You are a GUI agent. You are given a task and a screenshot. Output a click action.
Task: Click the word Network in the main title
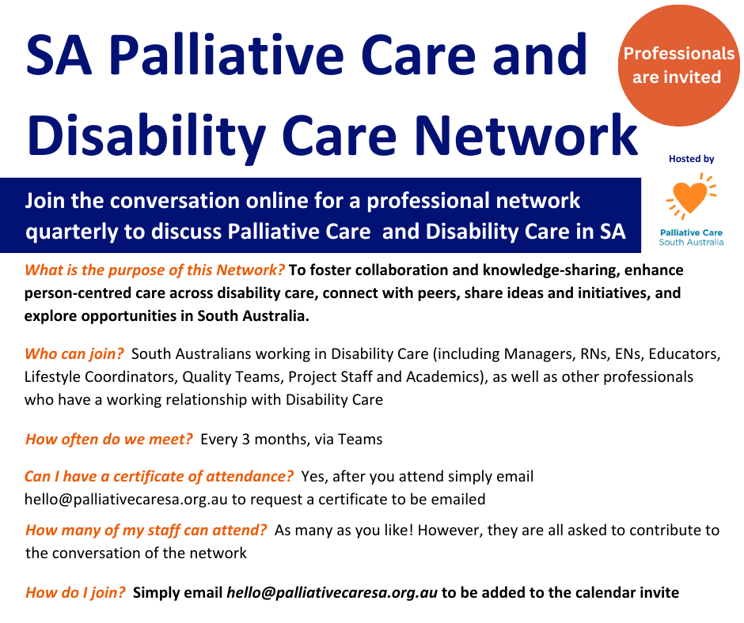526,136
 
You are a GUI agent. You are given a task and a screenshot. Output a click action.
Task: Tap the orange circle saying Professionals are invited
678,66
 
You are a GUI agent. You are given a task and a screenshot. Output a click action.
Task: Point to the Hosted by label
691,159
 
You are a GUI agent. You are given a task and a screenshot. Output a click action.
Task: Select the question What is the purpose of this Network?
154,270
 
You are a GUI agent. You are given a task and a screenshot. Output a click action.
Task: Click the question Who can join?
74,353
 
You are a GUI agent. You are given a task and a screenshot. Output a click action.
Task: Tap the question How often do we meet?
109,439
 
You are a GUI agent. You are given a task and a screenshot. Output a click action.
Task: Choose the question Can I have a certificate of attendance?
159,476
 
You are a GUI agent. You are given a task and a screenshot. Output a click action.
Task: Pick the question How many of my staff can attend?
146,530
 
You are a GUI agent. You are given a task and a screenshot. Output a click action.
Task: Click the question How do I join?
75,593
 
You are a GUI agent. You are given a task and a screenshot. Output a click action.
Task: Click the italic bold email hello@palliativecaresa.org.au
332,593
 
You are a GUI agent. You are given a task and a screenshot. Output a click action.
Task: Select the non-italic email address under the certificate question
126,499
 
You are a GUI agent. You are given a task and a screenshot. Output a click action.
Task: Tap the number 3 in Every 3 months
246,440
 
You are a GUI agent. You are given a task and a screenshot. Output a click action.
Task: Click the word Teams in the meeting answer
360,440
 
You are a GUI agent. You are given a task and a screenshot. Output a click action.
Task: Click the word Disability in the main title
146,136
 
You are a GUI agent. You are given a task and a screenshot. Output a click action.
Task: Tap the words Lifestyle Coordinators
101,377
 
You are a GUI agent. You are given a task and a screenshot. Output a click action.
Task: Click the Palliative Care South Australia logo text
691,237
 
